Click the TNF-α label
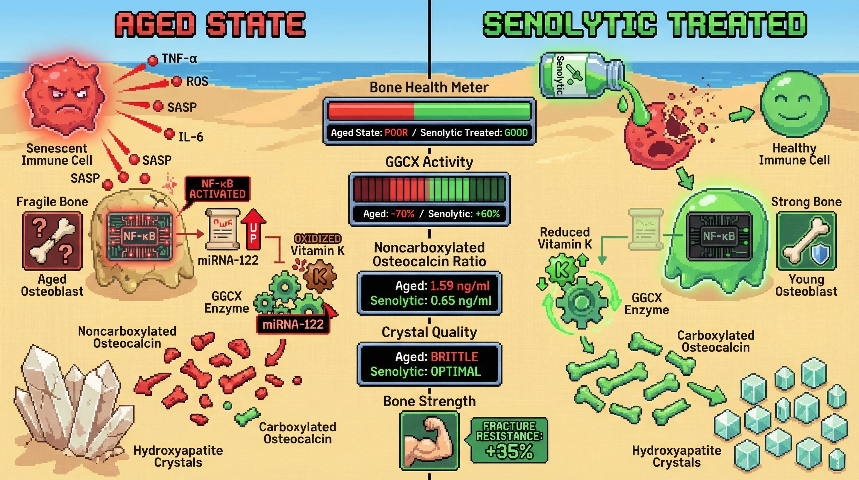click(179, 59)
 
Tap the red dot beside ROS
click(177, 81)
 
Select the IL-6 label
click(191, 137)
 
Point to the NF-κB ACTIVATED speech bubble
click(218, 189)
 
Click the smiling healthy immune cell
click(794, 103)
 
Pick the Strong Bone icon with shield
click(806, 241)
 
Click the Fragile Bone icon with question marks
click(52, 241)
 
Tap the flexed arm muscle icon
click(429, 440)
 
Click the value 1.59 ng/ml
click(460, 286)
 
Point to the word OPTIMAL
click(455, 372)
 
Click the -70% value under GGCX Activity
click(402, 214)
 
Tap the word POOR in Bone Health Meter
click(396, 132)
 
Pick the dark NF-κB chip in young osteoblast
click(719, 236)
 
